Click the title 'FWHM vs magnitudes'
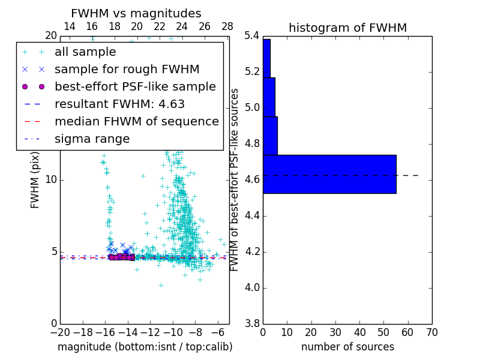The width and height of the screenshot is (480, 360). tap(136, 13)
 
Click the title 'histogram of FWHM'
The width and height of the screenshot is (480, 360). tap(347, 28)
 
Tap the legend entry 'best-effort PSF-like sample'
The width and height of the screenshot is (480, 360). tap(135, 87)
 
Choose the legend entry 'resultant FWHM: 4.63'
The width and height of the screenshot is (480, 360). tap(119, 104)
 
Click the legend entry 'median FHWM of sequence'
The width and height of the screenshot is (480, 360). tap(136, 122)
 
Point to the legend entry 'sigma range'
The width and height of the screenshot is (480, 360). tap(92, 139)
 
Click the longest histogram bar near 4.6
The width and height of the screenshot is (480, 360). tap(329, 174)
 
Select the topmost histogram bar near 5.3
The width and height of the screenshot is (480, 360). tap(266, 58)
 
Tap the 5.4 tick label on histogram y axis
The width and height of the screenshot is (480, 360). tap(253, 36)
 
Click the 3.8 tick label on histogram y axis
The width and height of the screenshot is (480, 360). tap(253, 323)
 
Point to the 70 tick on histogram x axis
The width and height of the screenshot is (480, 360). tap(431, 332)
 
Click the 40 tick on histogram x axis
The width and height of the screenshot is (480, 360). tap(359, 332)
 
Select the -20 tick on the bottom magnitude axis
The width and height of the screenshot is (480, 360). tap(60, 332)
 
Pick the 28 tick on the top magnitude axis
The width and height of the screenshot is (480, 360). tap(227, 26)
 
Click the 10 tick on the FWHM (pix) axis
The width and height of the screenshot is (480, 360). tap(51, 180)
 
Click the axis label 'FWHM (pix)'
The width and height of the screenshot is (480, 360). tap(35, 180)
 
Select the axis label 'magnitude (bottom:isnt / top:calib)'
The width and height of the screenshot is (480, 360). tap(145, 347)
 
